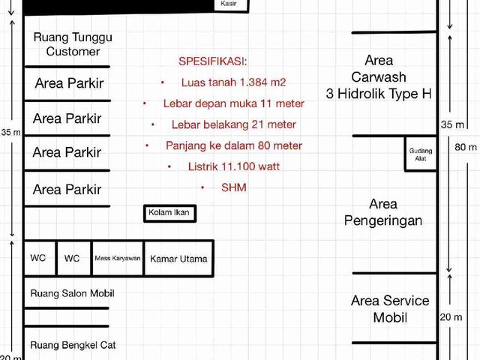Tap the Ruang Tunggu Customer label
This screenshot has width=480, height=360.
pyautogui.click(x=73, y=44)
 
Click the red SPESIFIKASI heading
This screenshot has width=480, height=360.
pyautogui.click(x=213, y=61)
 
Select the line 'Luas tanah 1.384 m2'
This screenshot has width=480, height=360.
pyautogui.click(x=233, y=82)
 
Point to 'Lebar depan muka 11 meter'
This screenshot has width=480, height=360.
pyautogui.click(x=234, y=103)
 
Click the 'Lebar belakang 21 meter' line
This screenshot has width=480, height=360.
pyautogui.click(x=234, y=124)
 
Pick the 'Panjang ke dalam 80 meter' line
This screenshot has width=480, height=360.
pyautogui.click(x=234, y=145)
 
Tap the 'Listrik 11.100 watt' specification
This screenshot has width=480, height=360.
pyautogui.click(x=234, y=166)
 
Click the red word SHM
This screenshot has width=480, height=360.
pyautogui.click(x=234, y=187)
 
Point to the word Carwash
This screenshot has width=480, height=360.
pyautogui.click(x=379, y=76)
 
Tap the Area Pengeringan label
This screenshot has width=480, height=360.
pyautogui.click(x=383, y=212)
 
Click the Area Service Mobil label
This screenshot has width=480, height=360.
pyautogui.click(x=390, y=309)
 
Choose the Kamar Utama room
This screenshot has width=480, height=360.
pyautogui.click(x=178, y=259)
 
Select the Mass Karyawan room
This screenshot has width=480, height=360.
pyautogui.click(x=118, y=259)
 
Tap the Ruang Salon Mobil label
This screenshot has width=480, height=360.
pyautogui.click(x=72, y=293)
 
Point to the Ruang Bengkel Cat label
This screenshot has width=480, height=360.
pyautogui.click(x=73, y=345)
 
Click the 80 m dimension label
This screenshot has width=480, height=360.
pyautogui.click(x=466, y=147)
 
